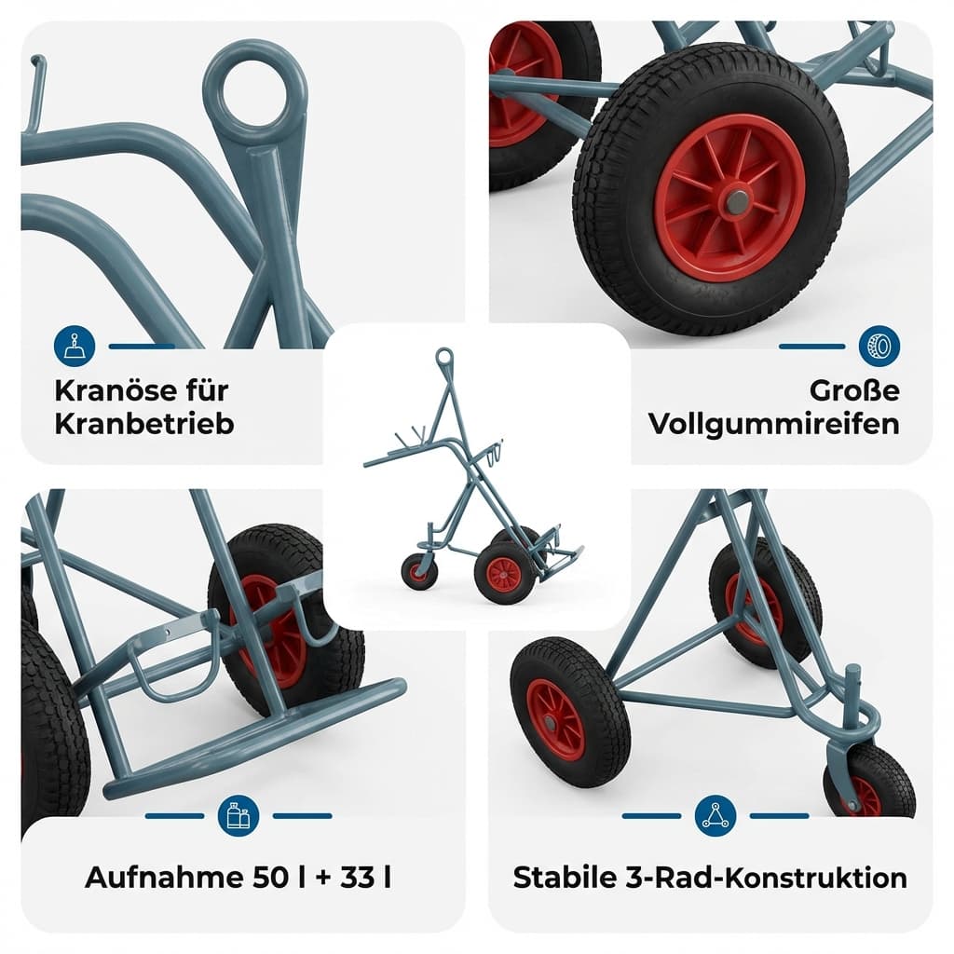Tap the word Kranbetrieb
click(144, 423)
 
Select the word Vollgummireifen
click(774, 423)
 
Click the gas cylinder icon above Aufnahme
click(238, 816)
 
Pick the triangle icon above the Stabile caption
click(715, 816)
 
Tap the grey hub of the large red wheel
click(736, 199)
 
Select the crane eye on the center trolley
click(444, 357)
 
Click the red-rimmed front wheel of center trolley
click(504, 574)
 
